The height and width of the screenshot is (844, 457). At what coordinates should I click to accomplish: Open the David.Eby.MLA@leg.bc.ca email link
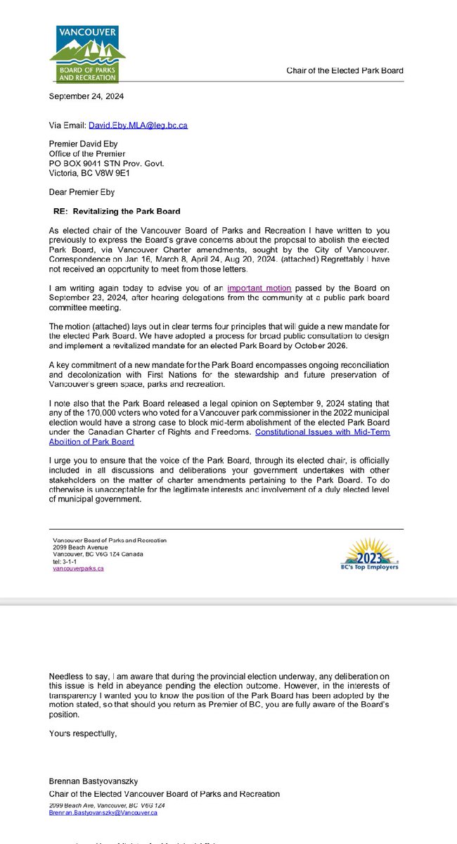point(138,125)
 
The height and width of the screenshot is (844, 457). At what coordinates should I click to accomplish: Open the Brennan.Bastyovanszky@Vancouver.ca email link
point(103,812)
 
